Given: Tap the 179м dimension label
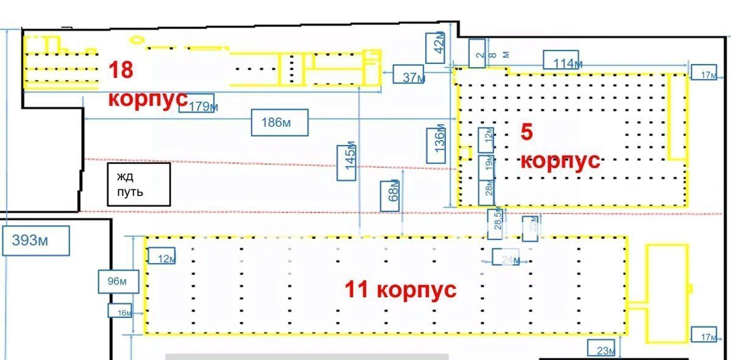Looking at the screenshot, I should click(x=203, y=106).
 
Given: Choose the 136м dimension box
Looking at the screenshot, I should click(x=436, y=144).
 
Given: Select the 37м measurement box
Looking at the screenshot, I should click(x=413, y=77).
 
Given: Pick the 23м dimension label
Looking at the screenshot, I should click(x=602, y=350).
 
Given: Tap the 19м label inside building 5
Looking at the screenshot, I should click(x=487, y=163).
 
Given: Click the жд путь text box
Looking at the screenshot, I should click(x=139, y=184).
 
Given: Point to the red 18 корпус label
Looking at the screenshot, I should click(x=146, y=83).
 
